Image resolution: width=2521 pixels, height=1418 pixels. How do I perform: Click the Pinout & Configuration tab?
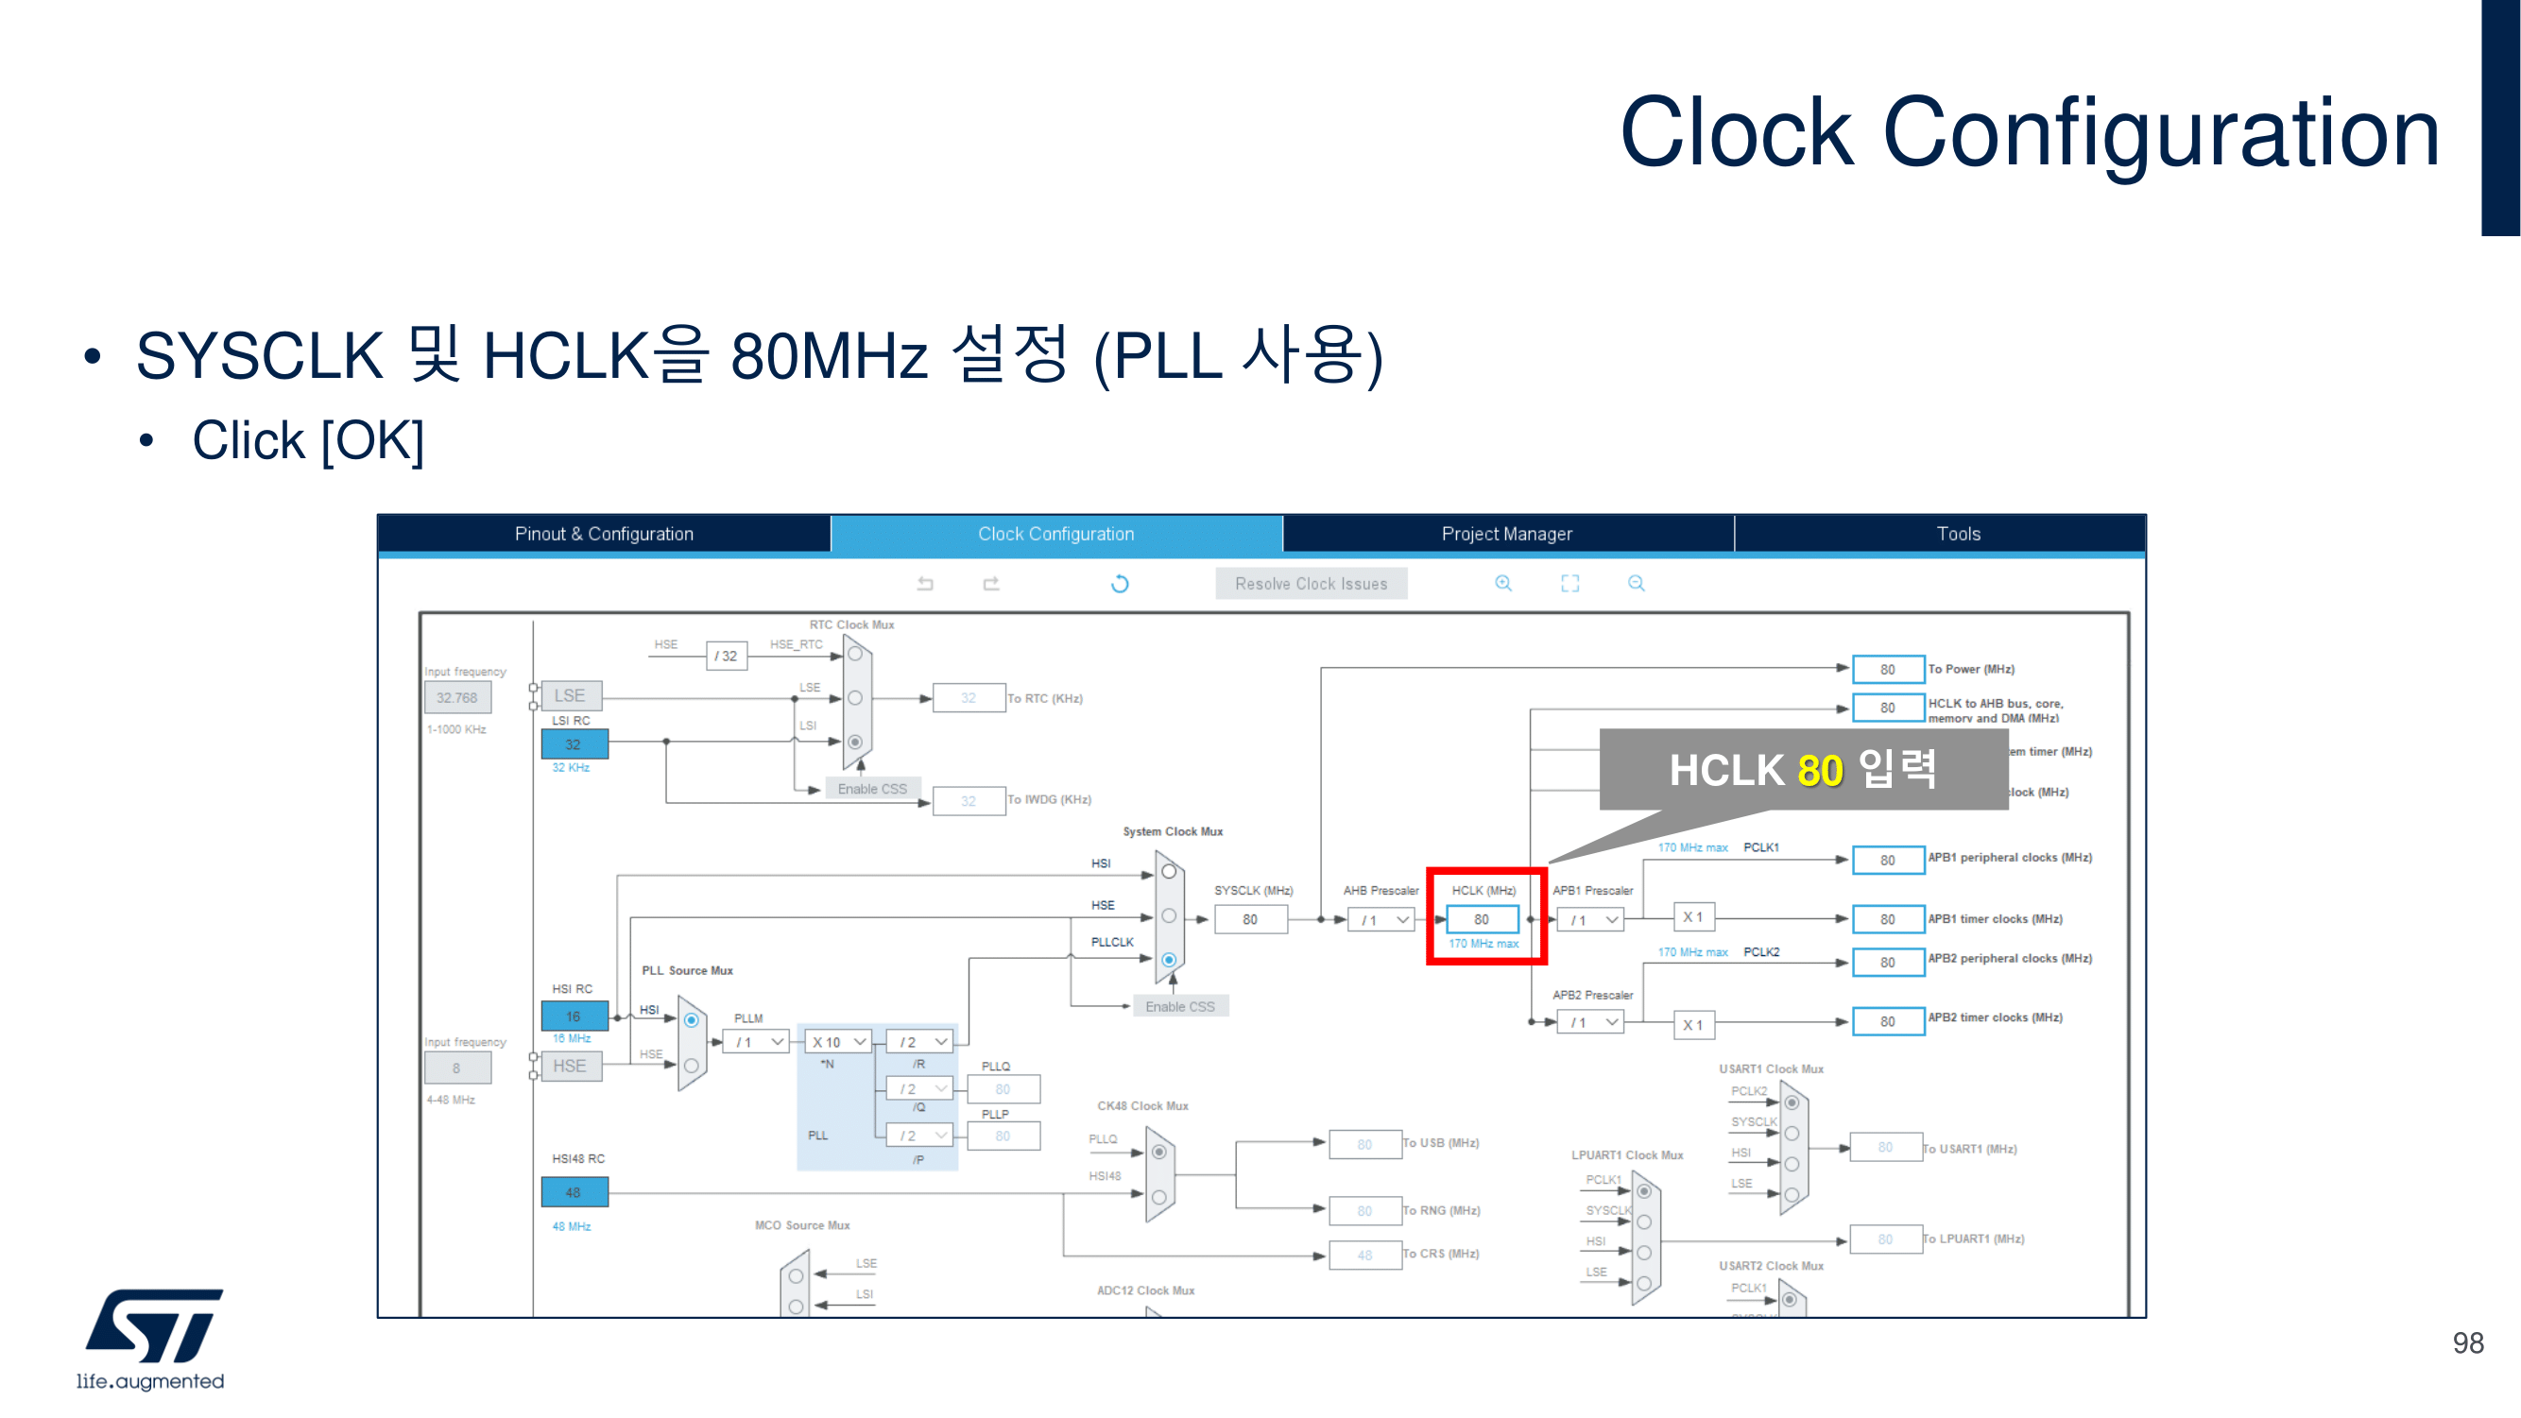pos(604,534)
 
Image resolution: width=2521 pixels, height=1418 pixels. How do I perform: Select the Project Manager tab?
pos(1506,534)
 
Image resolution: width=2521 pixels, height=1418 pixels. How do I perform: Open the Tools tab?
pos(1957,534)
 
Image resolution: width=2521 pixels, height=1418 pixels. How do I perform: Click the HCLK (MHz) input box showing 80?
pos(1482,919)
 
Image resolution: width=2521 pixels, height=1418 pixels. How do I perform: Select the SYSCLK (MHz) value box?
pos(1250,919)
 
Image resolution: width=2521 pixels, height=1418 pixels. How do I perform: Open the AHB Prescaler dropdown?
pos(1381,920)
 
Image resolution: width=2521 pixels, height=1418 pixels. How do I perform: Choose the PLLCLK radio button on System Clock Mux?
pos(1169,960)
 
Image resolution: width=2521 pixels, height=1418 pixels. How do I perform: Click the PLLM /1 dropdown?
pos(761,1042)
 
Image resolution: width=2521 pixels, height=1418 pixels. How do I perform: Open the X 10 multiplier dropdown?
pos(838,1042)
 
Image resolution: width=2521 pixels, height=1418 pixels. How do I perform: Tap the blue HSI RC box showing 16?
pos(574,1016)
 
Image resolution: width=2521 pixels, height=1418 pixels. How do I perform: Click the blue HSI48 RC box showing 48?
pos(574,1192)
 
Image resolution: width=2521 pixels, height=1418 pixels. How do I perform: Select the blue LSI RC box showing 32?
pos(574,743)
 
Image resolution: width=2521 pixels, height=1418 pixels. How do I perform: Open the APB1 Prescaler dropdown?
pos(1590,920)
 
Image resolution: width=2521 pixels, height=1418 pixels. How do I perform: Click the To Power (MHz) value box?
pos(1887,670)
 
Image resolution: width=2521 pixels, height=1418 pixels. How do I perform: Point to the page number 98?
pos(2467,1342)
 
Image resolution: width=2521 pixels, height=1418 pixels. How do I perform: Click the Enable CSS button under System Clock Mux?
pos(1179,1006)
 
